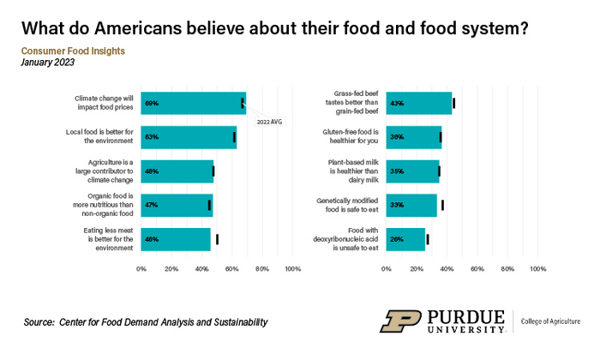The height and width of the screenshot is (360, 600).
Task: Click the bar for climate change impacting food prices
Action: (193, 103)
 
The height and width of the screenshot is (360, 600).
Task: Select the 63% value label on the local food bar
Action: (152, 137)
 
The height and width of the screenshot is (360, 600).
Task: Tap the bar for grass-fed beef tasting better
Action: (418, 103)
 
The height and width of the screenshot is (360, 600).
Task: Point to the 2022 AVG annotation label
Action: (269, 122)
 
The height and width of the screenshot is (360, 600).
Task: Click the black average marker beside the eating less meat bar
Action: (217, 239)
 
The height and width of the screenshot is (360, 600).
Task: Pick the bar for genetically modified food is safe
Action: (411, 205)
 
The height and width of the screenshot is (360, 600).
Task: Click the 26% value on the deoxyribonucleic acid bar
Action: (397, 239)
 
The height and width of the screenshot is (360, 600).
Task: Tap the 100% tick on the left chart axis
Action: (291, 269)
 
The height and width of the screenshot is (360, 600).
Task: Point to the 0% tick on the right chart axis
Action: (387, 269)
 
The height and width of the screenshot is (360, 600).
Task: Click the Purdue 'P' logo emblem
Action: (400, 321)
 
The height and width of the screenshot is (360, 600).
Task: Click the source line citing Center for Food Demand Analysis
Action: (146, 322)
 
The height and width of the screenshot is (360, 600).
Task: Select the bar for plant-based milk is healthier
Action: (412, 171)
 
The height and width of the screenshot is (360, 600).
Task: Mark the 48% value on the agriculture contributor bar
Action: (152, 171)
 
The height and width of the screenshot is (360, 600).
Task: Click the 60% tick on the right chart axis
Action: (477, 269)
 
